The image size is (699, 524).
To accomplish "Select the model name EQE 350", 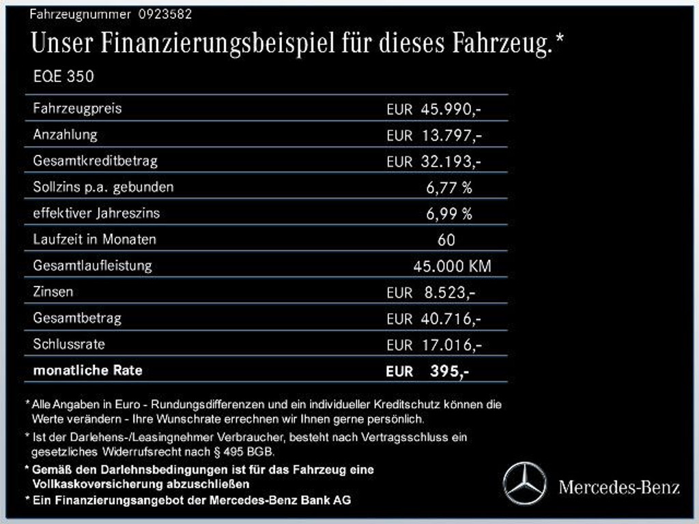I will (x=63, y=77).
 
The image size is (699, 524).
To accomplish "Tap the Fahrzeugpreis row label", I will (x=77, y=108).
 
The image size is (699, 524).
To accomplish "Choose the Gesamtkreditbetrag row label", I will (x=95, y=161).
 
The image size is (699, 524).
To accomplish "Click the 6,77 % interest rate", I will (x=448, y=188).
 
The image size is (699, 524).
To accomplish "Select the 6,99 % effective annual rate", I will (x=448, y=214).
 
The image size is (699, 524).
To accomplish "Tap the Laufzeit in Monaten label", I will (x=94, y=239).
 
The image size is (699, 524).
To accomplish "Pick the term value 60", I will (x=446, y=240).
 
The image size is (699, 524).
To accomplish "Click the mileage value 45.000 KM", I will (x=452, y=266).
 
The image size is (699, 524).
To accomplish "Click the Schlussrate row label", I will (x=69, y=344).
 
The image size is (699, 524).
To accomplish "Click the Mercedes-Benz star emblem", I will (x=524, y=483).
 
